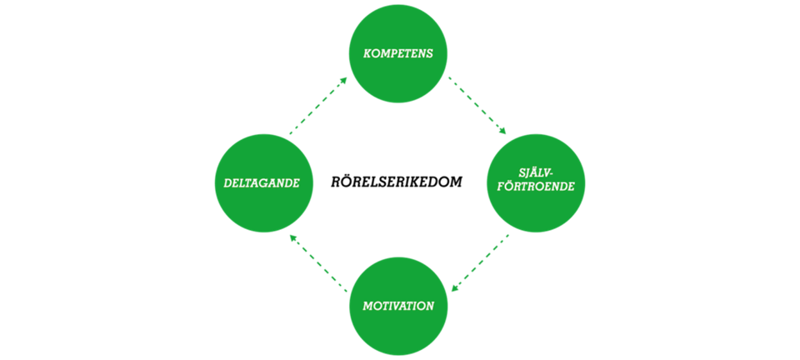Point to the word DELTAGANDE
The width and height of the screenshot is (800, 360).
click(264, 182)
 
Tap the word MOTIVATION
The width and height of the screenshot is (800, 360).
click(398, 306)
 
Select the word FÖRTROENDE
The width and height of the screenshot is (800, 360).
click(536, 187)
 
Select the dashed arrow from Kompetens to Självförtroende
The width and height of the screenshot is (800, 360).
click(477, 104)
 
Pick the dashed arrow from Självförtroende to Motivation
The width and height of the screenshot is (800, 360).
click(480, 262)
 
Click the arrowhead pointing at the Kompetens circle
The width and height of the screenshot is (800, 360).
click(344, 79)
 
